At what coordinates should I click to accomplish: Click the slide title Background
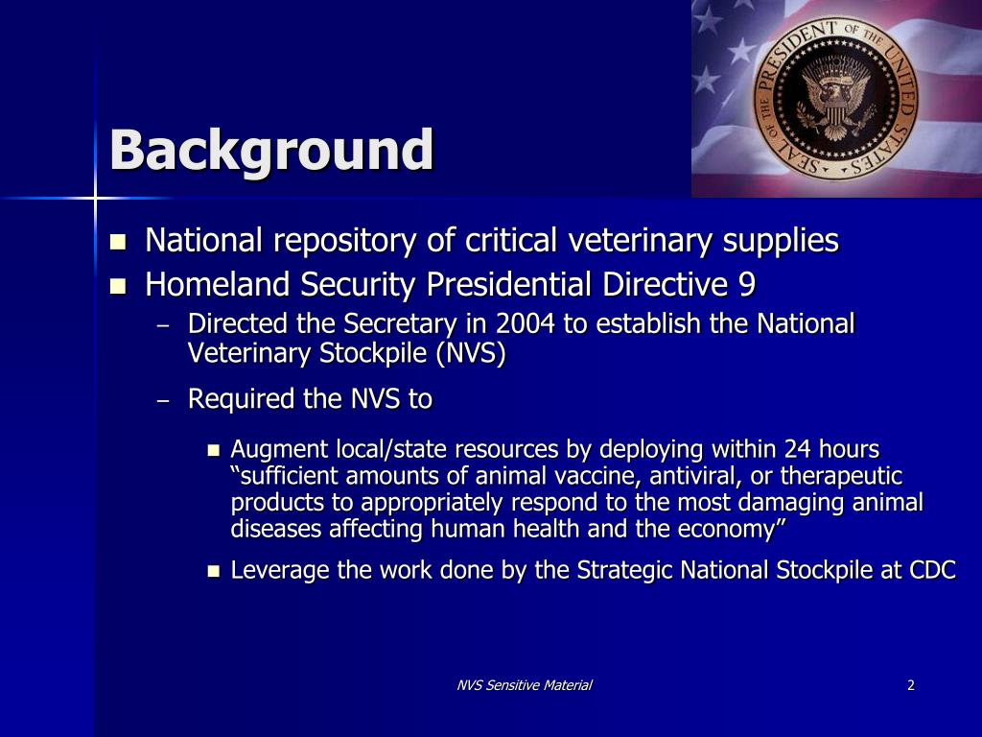[271, 151]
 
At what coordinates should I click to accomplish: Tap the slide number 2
[910, 685]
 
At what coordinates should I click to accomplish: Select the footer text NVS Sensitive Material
[524, 685]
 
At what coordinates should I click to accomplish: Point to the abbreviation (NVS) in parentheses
[470, 354]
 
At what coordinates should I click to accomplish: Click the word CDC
[932, 570]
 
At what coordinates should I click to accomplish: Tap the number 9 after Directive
[747, 285]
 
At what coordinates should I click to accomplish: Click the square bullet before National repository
[119, 242]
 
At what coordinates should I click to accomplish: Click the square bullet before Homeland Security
[119, 286]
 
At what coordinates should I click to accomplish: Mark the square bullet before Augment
[214, 450]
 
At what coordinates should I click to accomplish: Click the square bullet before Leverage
[214, 572]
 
